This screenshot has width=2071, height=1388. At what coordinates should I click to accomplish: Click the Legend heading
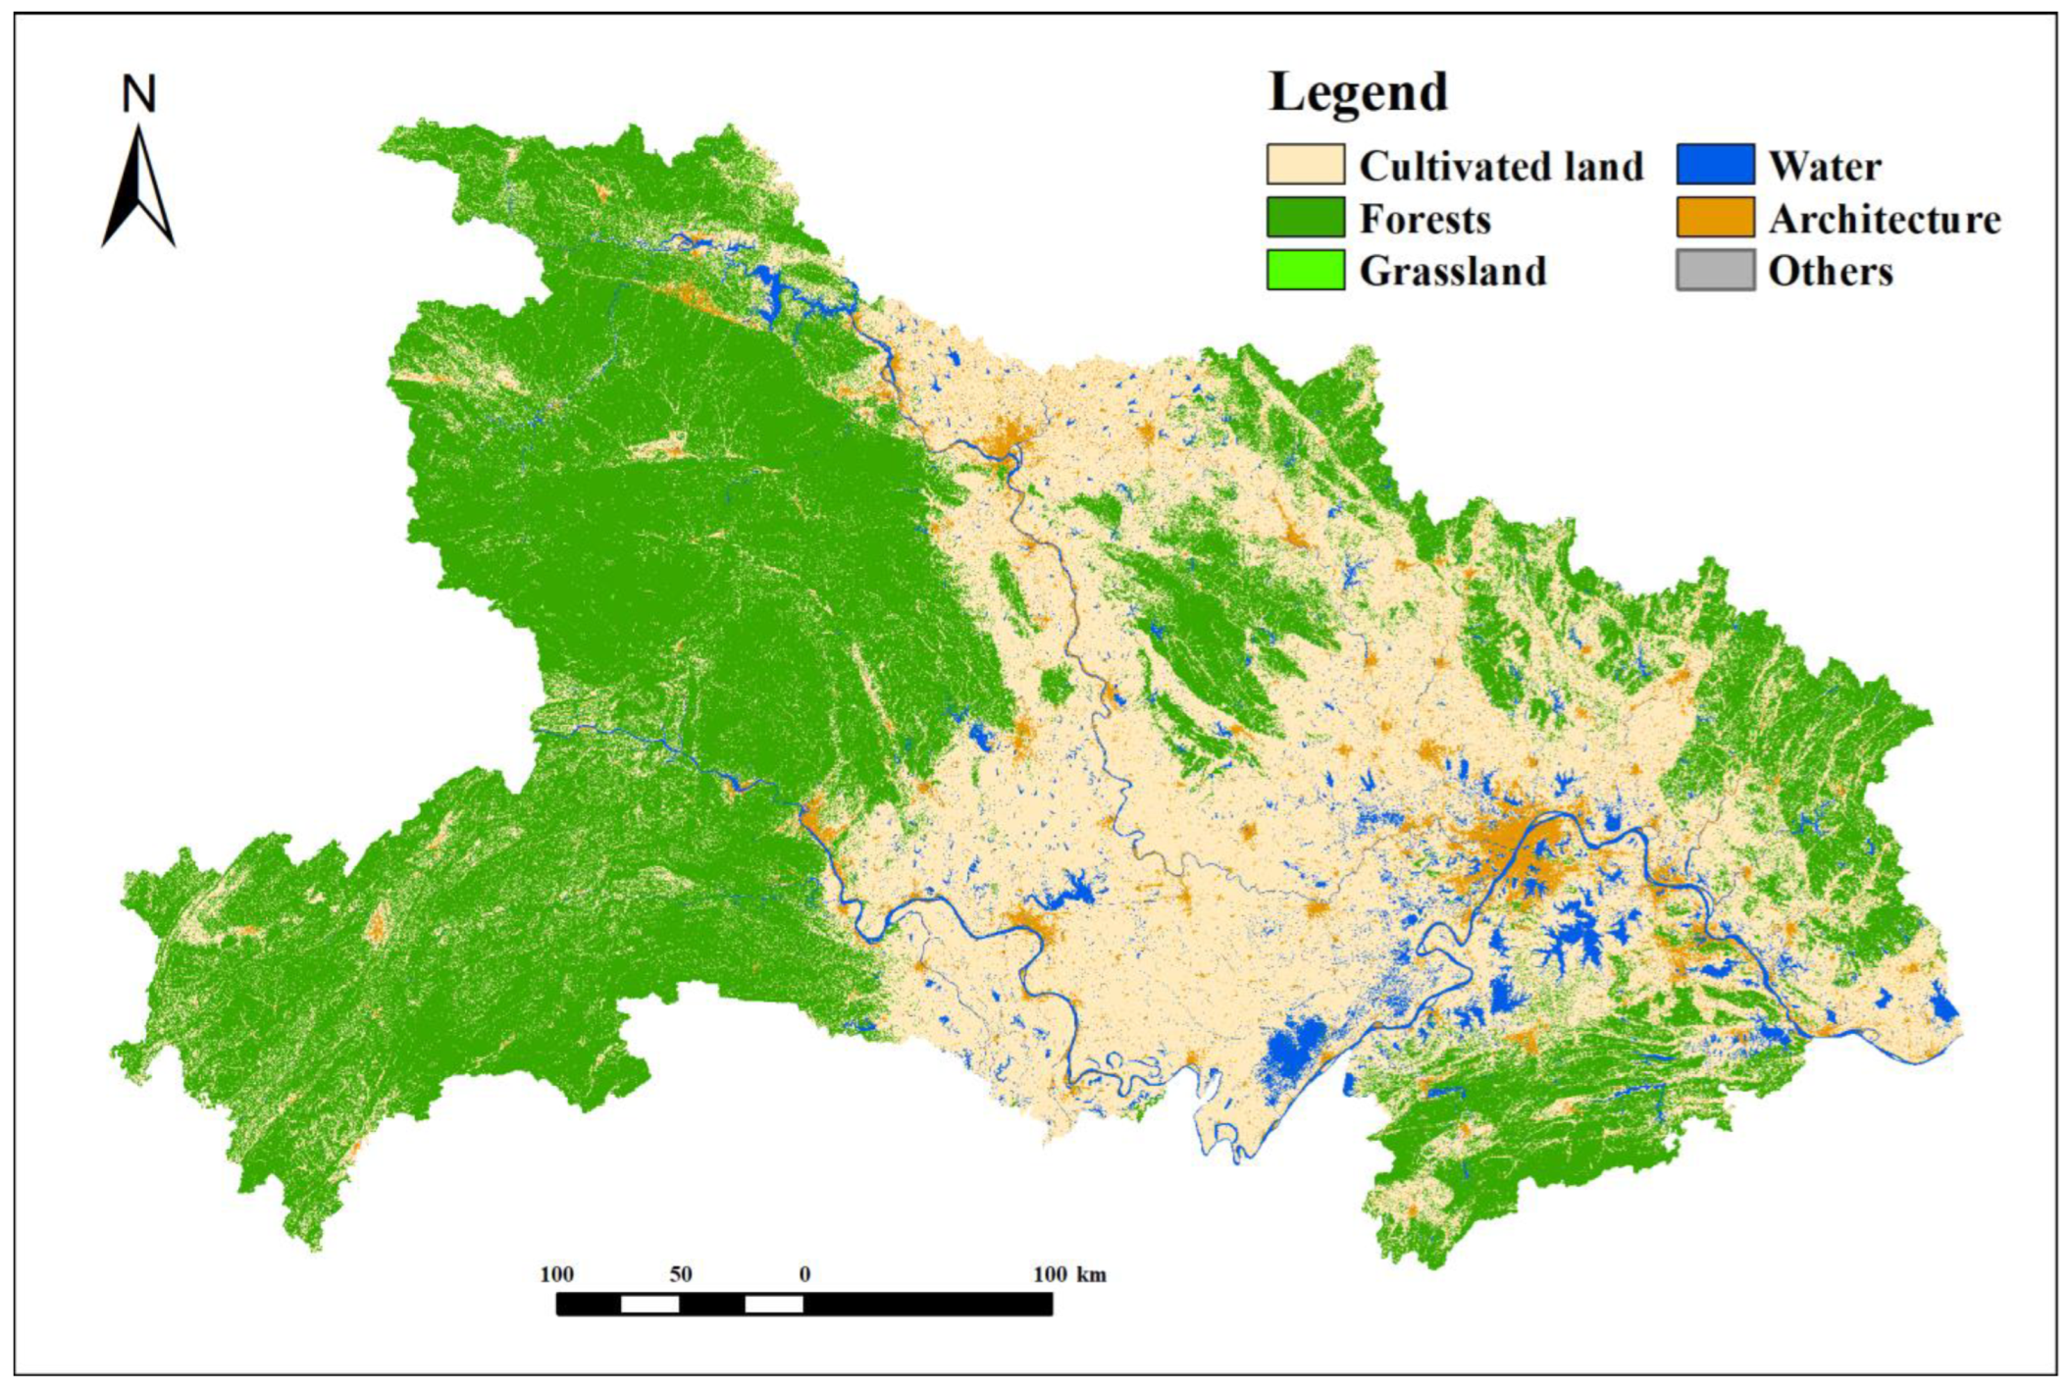pos(1358,92)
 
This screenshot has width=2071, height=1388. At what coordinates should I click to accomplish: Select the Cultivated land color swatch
pos(1305,165)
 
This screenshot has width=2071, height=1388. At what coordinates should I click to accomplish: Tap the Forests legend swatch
pos(1305,218)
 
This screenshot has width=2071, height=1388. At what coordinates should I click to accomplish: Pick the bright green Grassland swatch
pos(1305,271)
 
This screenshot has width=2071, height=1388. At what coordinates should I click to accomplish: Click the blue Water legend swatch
pos(1715,165)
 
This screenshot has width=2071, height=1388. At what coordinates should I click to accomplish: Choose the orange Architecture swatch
pos(1715,218)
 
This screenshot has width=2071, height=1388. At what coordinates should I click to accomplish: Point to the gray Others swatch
pos(1715,271)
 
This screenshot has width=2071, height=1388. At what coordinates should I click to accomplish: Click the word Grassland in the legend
pos(1453,272)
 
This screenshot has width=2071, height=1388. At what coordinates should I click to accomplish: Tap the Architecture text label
pos(1885,219)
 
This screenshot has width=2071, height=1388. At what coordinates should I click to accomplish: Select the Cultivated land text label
pos(1501,166)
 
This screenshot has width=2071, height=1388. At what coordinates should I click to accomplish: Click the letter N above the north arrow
pos(138,95)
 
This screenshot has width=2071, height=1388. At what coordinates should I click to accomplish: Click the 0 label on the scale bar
pos(804,1274)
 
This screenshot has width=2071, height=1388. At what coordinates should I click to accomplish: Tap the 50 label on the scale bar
pos(681,1274)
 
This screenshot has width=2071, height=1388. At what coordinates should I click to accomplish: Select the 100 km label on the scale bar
pos(1069,1274)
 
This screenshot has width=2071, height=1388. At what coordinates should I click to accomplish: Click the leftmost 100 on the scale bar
pos(556,1274)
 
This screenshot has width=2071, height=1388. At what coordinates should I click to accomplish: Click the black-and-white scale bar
pos(804,1304)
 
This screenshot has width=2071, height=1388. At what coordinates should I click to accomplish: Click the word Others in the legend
pos(1831,272)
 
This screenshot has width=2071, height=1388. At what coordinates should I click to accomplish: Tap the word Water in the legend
pos(1825,166)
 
